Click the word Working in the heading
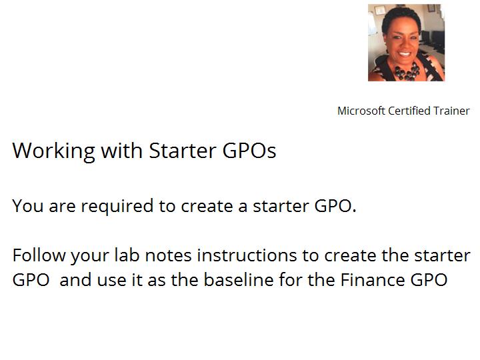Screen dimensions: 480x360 click(x=54, y=151)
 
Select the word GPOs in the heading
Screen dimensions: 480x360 click(x=249, y=150)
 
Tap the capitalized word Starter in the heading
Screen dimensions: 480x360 click(x=183, y=150)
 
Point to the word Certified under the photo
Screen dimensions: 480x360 click(x=409, y=111)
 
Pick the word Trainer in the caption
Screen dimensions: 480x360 click(x=451, y=111)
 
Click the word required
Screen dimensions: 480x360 click(x=117, y=206)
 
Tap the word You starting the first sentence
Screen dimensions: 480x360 click(x=28, y=206)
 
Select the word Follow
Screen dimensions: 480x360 click(x=39, y=255)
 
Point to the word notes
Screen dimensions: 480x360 click(x=169, y=255)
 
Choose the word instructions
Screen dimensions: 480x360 click(x=247, y=255)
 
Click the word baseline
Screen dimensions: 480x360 click(x=239, y=279)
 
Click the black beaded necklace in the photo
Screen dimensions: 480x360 click(x=407, y=71)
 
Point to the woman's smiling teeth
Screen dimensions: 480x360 click(x=405, y=54)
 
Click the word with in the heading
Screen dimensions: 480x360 click(x=122, y=150)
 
